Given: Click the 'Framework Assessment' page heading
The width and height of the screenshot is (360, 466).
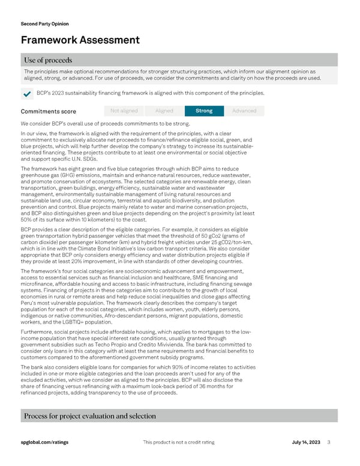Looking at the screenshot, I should (x=80, y=40).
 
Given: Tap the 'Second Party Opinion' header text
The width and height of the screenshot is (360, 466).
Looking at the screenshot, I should (x=44, y=24).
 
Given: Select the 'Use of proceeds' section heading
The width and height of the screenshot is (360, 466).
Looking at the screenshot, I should (x=48, y=60).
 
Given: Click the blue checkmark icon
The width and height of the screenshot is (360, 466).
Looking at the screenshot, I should (x=26, y=94).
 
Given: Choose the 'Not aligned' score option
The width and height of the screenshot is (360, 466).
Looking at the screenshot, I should (x=124, y=110).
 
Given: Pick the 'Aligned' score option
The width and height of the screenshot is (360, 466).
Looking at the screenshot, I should (x=164, y=110).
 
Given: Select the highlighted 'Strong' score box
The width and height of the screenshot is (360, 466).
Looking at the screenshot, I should (x=204, y=110).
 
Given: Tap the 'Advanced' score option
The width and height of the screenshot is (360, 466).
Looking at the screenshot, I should (x=244, y=110).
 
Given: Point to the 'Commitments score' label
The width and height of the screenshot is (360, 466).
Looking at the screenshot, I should (x=48, y=111).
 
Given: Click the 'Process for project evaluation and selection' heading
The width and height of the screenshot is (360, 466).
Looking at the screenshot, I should (x=90, y=416).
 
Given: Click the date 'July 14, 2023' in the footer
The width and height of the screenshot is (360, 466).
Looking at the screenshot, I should (x=307, y=443).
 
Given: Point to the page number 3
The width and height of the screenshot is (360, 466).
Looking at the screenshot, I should (x=329, y=443).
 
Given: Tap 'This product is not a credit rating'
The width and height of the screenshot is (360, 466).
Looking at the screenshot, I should (x=179, y=443).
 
